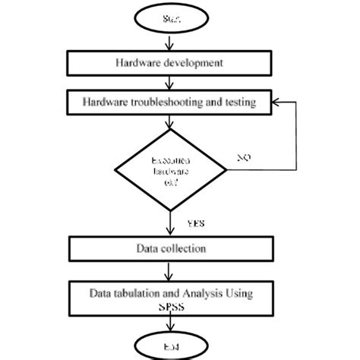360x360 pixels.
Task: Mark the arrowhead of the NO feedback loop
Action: [x=277, y=100]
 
